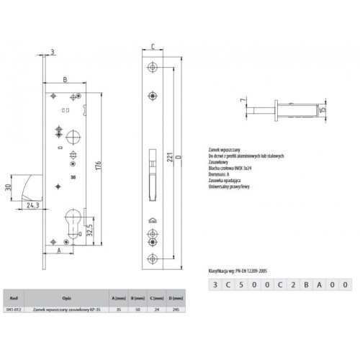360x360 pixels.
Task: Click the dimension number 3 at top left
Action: [x=53, y=51]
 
